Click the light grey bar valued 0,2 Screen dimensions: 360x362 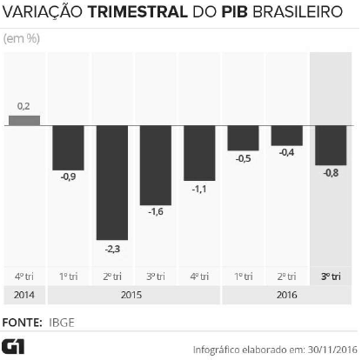point(24,120)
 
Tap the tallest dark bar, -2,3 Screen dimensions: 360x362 point(112,183)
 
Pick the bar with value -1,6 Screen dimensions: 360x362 point(156,164)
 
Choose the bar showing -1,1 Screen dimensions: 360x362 point(199,152)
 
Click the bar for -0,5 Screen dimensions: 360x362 point(243,138)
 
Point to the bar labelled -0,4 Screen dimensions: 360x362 point(286,136)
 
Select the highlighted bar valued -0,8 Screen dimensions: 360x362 point(331,145)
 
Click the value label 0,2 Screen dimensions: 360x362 point(24,106)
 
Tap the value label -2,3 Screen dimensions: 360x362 point(112,249)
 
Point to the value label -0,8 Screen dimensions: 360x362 point(331,172)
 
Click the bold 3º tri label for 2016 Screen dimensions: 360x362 point(331,277)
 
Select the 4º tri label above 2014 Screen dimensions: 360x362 point(24,277)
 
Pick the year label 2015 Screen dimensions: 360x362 point(134,296)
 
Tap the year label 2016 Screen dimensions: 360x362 point(287,296)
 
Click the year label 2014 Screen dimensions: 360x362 point(24,296)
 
